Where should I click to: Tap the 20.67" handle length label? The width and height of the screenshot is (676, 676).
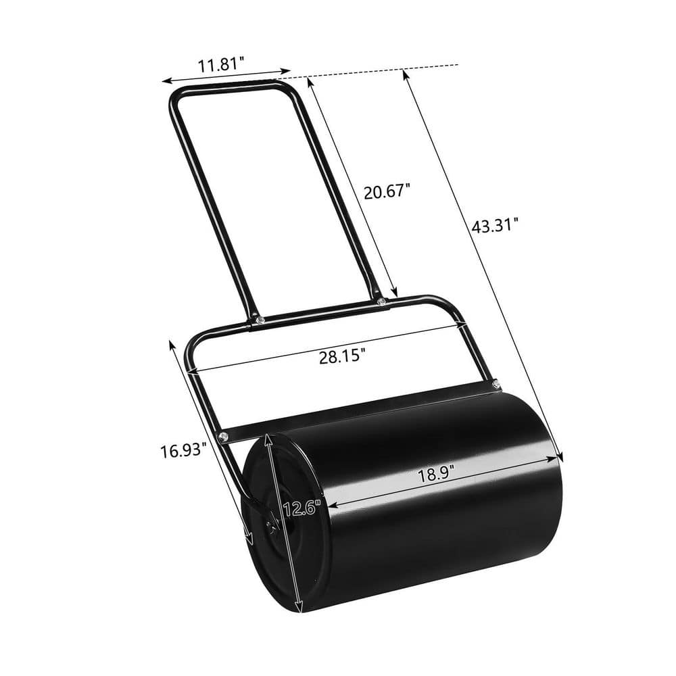pyautogui.click(x=387, y=192)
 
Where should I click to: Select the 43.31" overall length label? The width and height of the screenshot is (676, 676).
pyautogui.click(x=496, y=226)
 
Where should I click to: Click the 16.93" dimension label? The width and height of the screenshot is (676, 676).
pyautogui.click(x=183, y=450)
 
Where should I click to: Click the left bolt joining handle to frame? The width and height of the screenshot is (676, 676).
pyautogui.click(x=258, y=319)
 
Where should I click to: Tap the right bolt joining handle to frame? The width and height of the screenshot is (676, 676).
pyautogui.click(x=382, y=301)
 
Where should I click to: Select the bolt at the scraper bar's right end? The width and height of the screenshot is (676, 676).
pyautogui.click(x=497, y=385)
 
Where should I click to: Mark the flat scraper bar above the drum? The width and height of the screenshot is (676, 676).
pyautogui.click(x=358, y=410)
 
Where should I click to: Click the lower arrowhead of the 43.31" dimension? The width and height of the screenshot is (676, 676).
pyautogui.click(x=559, y=458)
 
